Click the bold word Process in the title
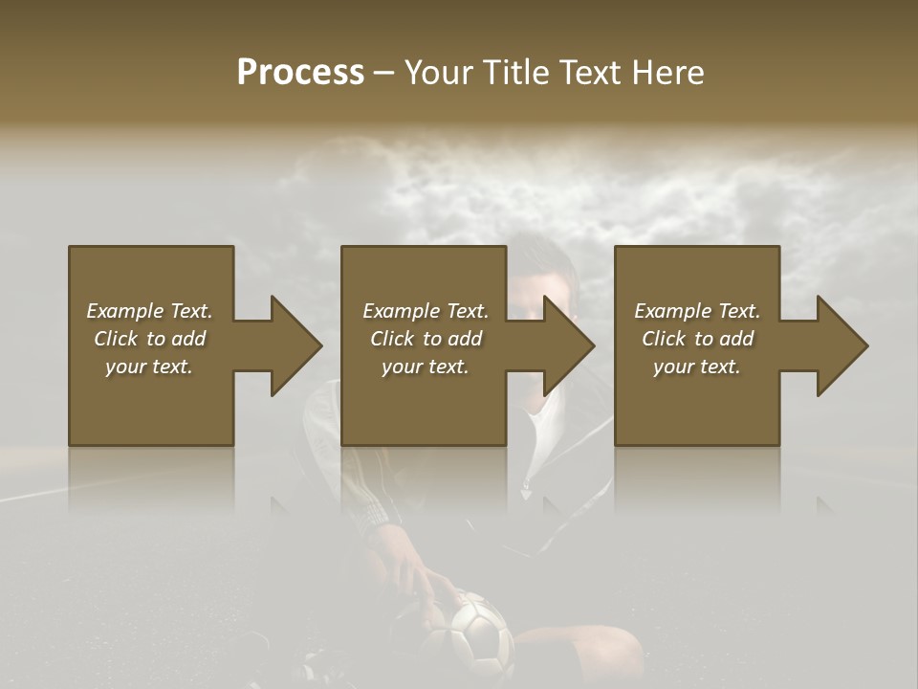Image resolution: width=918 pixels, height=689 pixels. click(x=300, y=73)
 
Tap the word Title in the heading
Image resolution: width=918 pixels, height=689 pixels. click(x=515, y=73)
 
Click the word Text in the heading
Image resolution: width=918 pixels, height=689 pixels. click(x=590, y=73)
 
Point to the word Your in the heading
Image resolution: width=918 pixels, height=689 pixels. click(x=439, y=73)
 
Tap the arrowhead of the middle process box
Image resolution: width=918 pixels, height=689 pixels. click(x=568, y=346)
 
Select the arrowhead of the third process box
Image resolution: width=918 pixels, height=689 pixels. click(x=841, y=346)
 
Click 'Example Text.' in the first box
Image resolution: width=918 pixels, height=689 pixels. click(x=149, y=311)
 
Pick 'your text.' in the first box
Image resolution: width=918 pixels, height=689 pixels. click(x=149, y=367)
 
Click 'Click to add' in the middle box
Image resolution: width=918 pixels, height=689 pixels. click(x=426, y=339)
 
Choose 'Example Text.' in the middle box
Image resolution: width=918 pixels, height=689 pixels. click(x=426, y=311)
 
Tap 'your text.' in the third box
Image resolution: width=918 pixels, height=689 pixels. click(x=697, y=367)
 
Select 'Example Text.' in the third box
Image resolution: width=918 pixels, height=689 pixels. click(x=697, y=311)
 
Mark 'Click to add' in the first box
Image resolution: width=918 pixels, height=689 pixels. click(x=149, y=339)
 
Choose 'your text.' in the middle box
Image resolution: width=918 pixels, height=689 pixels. click(x=426, y=367)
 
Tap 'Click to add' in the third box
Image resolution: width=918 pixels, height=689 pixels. click(x=697, y=339)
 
